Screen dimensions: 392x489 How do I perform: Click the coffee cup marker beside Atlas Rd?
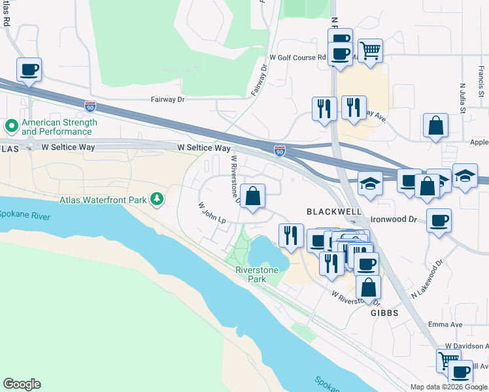(29, 69)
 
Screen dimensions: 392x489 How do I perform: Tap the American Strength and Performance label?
(59, 127)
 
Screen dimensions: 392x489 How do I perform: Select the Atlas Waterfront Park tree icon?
(157, 199)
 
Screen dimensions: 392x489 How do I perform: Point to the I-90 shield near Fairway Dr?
(90, 105)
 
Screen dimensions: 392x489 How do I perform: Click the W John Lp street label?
(212, 213)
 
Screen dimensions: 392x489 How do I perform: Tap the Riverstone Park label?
(257, 274)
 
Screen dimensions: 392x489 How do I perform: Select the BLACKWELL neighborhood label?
(333, 212)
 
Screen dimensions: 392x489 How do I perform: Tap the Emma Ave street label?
(446, 325)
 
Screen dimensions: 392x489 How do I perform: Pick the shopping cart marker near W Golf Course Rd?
(371, 50)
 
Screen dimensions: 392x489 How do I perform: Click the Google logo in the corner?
(22, 384)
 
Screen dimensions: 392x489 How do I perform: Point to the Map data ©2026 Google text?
(448, 387)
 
